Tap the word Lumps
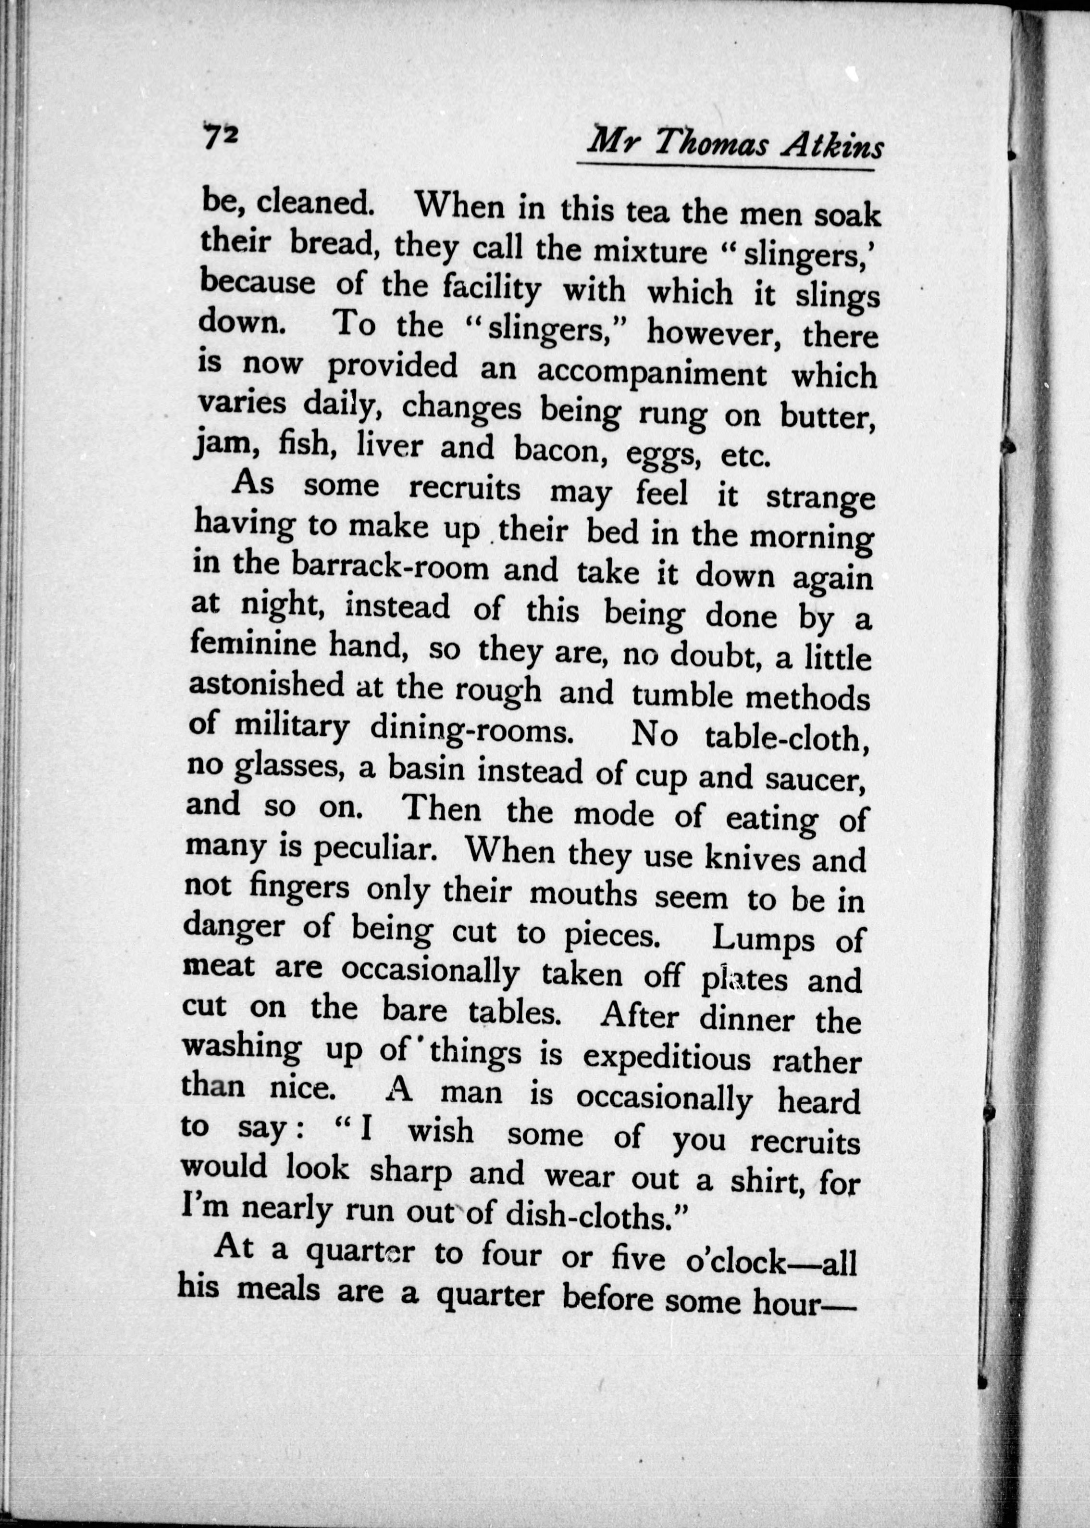[x=763, y=939]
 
